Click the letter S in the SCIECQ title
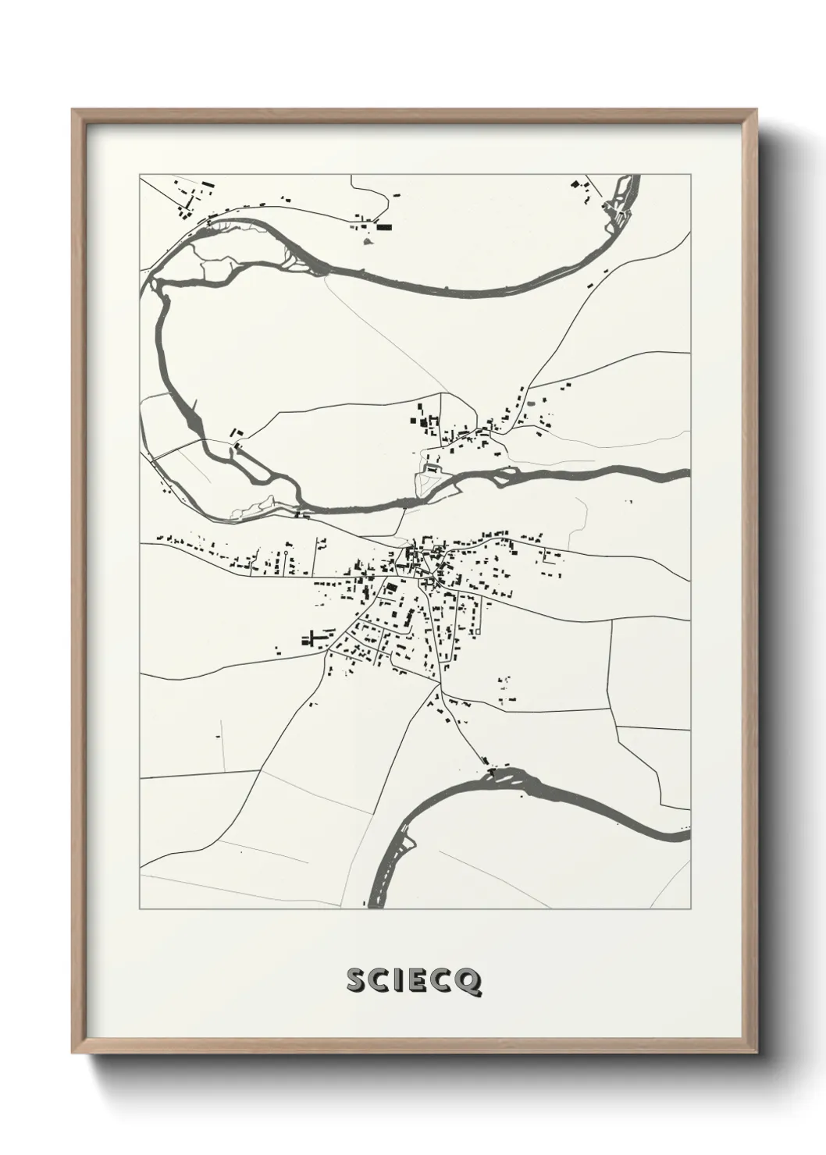click(x=356, y=982)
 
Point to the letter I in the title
click(x=400, y=982)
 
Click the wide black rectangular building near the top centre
click(x=383, y=228)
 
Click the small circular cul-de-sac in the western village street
click(x=287, y=553)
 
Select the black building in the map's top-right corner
click(x=576, y=185)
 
